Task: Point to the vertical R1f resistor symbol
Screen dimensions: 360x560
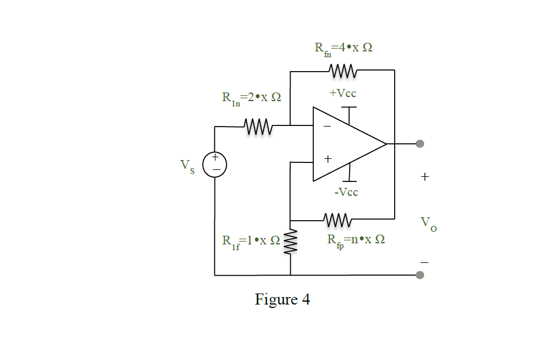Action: click(290, 243)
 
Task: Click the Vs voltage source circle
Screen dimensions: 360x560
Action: click(214, 164)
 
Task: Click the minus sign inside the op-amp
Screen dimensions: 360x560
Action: click(327, 127)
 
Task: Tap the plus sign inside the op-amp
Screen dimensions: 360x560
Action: click(327, 158)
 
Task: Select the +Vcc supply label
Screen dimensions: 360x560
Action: click(343, 94)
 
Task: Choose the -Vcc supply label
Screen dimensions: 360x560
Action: click(346, 192)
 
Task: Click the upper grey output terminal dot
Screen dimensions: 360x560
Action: click(420, 144)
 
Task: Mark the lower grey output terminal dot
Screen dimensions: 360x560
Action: click(420, 275)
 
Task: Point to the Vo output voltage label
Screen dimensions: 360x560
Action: click(428, 223)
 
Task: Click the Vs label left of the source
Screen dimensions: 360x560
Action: click(187, 165)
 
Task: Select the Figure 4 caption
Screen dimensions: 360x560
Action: click(283, 300)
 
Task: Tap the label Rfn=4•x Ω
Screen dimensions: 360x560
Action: click(343, 49)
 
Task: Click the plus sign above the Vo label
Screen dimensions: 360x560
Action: click(425, 177)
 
